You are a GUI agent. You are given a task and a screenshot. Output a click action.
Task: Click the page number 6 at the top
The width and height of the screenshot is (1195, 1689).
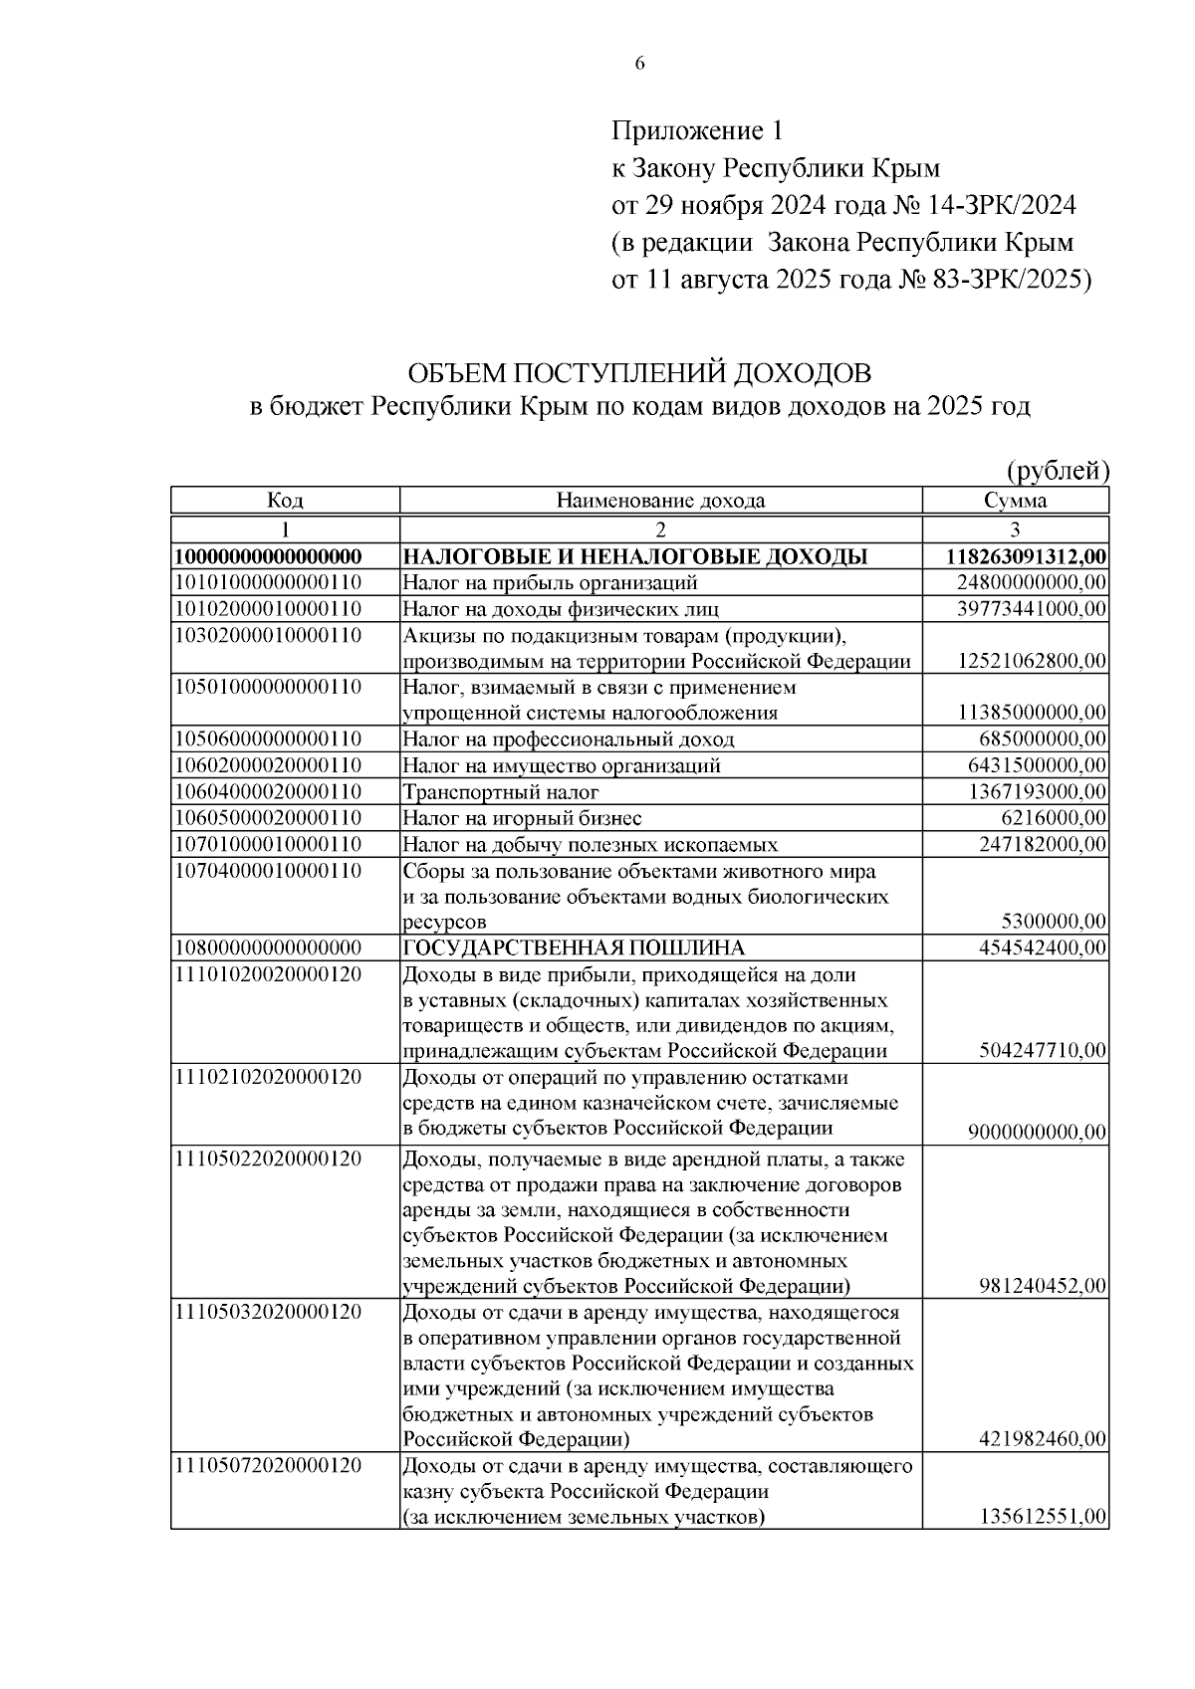tap(639, 64)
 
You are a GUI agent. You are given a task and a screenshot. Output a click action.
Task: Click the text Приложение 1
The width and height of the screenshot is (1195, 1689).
tap(697, 130)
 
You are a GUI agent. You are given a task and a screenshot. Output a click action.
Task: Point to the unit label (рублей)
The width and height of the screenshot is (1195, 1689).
tap(1057, 470)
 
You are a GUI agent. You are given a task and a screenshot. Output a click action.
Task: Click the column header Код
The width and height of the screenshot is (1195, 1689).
tap(285, 501)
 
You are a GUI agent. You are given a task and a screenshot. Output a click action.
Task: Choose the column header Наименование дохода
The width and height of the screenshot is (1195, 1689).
tap(660, 501)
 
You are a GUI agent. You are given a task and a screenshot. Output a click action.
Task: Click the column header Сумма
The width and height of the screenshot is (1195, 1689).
tap(1015, 501)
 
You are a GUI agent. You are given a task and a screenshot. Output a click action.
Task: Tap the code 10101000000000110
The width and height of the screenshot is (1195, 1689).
tap(268, 582)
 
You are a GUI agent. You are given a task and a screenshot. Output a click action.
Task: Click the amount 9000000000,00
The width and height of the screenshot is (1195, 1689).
tap(1037, 1132)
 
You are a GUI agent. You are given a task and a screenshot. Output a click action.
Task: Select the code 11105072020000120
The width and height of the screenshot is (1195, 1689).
tap(268, 1465)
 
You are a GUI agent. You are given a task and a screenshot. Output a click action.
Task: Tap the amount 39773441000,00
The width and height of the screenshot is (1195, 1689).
tap(1032, 608)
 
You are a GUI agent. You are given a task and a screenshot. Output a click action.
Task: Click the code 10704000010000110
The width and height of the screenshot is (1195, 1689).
tap(268, 870)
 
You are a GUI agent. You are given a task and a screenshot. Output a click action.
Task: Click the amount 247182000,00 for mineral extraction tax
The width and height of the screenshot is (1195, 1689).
tap(1043, 844)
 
